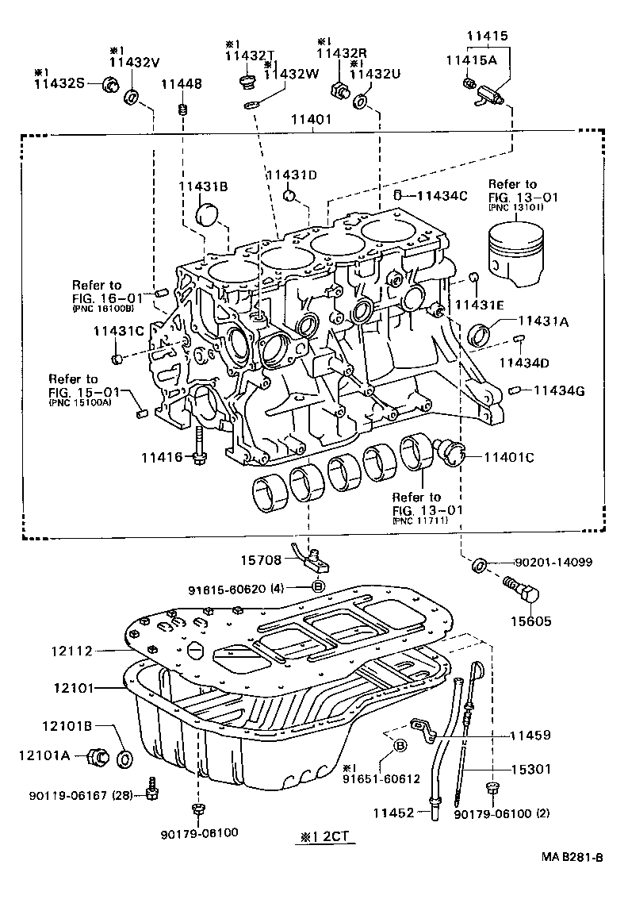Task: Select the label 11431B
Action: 203,186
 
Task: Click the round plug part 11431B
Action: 208,215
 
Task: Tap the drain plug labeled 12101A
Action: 98,757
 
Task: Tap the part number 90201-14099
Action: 553,563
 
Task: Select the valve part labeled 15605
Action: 520,593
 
